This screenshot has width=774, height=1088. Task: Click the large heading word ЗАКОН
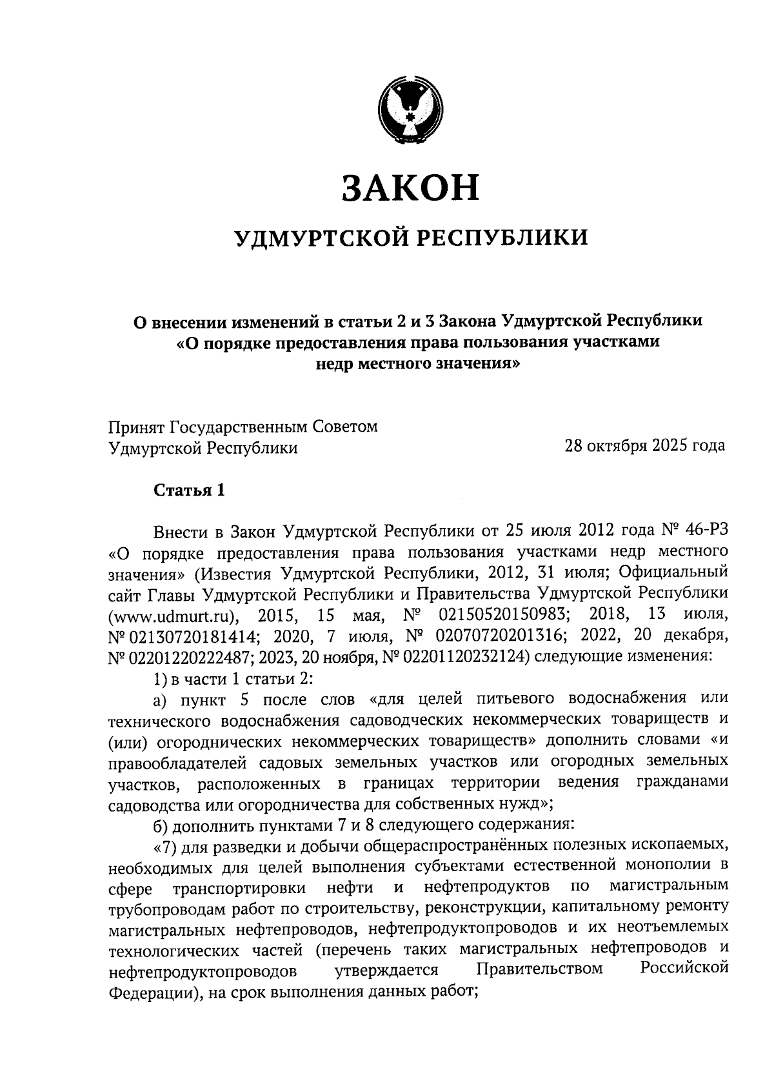click(x=410, y=187)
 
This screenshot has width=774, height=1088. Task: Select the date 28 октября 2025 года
click(x=644, y=446)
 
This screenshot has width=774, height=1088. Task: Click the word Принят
click(x=136, y=427)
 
